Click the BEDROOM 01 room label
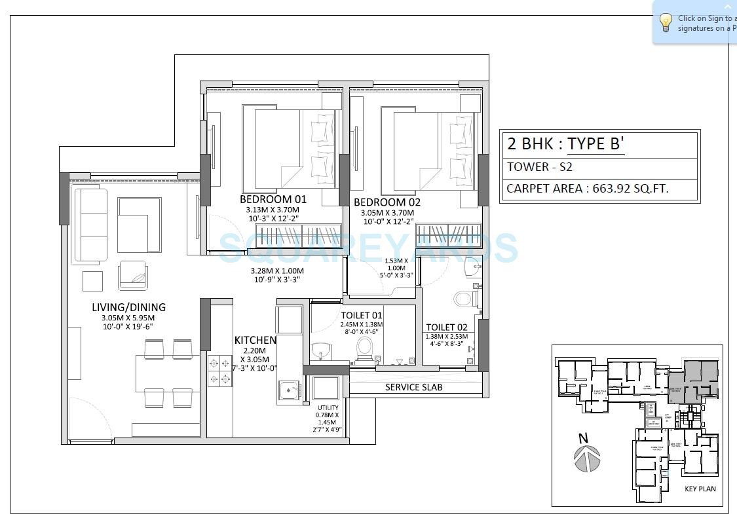point(273,199)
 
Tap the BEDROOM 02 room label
point(387,202)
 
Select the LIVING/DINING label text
point(128,307)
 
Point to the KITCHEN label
point(255,341)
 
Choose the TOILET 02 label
point(446,327)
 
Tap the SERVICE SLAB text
point(413,387)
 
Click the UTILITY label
point(328,407)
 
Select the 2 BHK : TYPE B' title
point(563,143)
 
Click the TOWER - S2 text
point(539,167)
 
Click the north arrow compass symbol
point(588,457)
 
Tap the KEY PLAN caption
point(700,489)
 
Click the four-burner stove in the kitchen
point(219,370)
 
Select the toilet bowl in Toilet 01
point(364,346)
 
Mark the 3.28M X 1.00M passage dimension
point(277,271)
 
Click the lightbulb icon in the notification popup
point(666,23)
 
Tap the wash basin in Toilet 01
point(321,350)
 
